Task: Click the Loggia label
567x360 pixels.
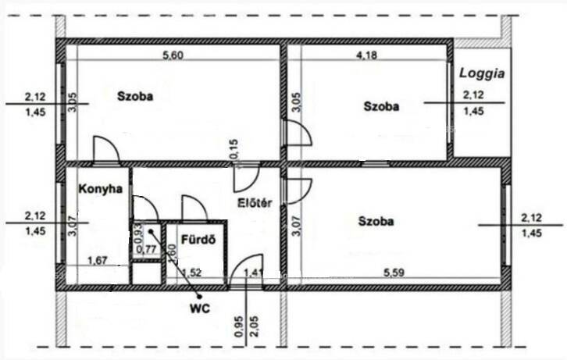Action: pos(482,73)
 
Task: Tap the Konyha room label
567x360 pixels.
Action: pos(101,189)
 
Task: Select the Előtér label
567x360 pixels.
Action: pos(255,203)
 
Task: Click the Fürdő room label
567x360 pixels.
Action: pos(198,240)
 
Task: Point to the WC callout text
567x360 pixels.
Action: pos(200,308)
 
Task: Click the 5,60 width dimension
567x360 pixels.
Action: pos(173,55)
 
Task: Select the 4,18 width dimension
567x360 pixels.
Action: pos(366,55)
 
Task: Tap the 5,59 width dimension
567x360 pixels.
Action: pos(394,273)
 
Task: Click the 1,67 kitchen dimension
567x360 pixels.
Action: pos(98,260)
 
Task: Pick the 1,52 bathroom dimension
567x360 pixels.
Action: pos(191,273)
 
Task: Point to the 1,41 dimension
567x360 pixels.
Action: pos(254,273)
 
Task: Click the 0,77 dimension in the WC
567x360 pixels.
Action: pos(146,249)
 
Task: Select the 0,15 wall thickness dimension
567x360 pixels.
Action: pos(234,151)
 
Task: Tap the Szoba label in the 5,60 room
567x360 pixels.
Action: pos(135,97)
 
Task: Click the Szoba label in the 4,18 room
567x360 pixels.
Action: pos(381,107)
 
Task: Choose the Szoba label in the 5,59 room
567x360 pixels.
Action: pos(376,221)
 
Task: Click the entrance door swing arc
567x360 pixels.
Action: pos(240,261)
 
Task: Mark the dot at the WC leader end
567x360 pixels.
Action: pos(199,297)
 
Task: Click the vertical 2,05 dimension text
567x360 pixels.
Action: pos(254,326)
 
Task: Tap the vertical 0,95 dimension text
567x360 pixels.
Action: pos(238,326)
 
